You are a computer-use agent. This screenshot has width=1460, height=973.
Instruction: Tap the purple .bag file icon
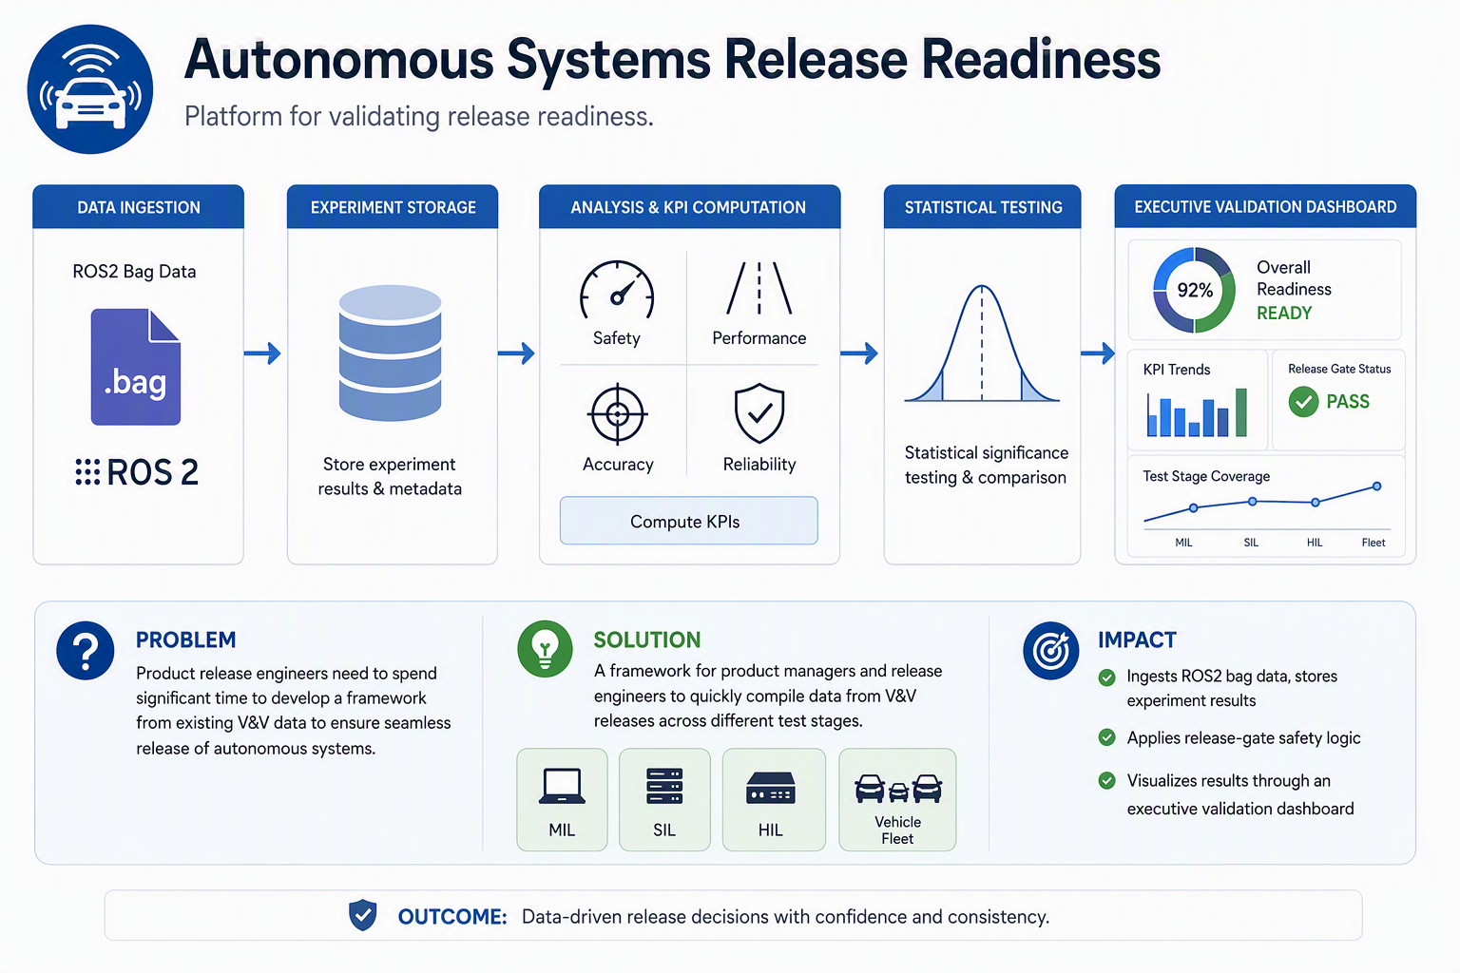[x=136, y=367]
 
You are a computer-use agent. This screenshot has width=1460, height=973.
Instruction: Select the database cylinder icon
[x=391, y=353]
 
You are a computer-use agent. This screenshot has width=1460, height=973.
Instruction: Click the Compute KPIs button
[x=689, y=521]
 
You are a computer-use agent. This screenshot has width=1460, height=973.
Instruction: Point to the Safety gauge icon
[x=617, y=290]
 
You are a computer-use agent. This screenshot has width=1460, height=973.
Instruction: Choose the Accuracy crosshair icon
[x=617, y=414]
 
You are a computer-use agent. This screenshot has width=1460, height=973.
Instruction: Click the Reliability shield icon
[x=759, y=413]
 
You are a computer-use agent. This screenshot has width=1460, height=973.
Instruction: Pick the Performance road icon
[x=759, y=289]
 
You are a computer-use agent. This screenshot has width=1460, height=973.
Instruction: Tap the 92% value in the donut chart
[x=1195, y=290]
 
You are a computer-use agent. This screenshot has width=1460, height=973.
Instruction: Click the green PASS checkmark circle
[x=1303, y=401]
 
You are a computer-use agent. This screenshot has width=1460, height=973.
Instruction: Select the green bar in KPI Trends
[x=1241, y=412]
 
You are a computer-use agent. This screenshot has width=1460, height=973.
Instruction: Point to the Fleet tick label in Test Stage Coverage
[x=1374, y=543]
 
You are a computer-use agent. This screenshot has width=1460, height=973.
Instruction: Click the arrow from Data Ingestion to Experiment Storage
[x=262, y=353]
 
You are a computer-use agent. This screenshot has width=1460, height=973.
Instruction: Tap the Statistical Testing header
[x=982, y=206]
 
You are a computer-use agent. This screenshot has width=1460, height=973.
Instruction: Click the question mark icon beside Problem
[x=86, y=650]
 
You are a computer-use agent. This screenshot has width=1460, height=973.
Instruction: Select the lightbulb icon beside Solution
[x=545, y=648]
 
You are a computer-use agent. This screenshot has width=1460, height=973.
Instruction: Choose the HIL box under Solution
[x=774, y=800]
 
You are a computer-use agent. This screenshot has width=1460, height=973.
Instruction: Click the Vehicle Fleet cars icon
[x=897, y=789]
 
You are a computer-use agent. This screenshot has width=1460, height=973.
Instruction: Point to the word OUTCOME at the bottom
[x=452, y=916]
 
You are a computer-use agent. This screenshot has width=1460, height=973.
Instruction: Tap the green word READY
[x=1284, y=313]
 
